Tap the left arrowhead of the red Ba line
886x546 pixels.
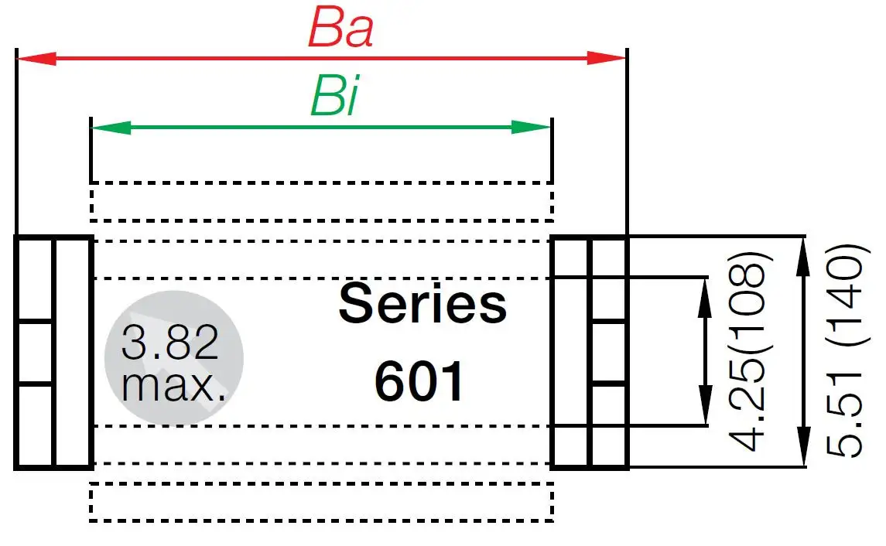click(36, 58)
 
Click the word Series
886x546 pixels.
click(422, 304)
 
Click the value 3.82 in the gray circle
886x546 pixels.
click(169, 343)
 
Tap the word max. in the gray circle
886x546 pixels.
click(173, 384)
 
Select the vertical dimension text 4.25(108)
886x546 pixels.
click(748, 350)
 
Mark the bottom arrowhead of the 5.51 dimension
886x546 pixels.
click(805, 449)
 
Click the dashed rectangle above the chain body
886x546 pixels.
click(321, 200)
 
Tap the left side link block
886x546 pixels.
click(53, 352)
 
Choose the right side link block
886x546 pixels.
click(589, 352)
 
